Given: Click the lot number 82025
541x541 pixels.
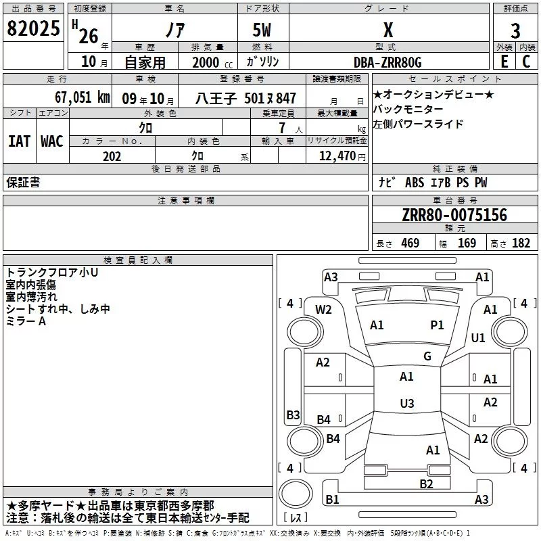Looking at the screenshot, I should click(32, 28).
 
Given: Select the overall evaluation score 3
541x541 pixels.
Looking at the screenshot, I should click(515, 30).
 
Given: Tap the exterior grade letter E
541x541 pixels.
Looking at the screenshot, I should click(504, 62).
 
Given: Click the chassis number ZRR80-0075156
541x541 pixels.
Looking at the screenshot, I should click(454, 216).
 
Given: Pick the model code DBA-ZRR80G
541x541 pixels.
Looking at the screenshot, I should click(387, 62).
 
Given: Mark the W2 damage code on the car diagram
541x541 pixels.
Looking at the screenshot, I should click(323, 310).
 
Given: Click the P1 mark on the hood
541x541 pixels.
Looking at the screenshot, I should click(438, 325).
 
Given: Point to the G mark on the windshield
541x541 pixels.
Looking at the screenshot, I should click(427, 356).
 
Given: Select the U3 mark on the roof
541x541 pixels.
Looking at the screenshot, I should click(406, 404).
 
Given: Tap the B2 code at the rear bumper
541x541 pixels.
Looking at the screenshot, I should click(426, 483).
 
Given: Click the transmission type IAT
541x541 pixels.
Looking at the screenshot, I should click(19, 141).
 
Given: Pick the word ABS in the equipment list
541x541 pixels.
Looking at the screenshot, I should click(414, 183).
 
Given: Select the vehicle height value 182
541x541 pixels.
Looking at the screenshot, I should click(521, 243).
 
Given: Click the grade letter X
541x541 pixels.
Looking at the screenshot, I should click(387, 30).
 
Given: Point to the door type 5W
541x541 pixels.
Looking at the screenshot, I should click(263, 30).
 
